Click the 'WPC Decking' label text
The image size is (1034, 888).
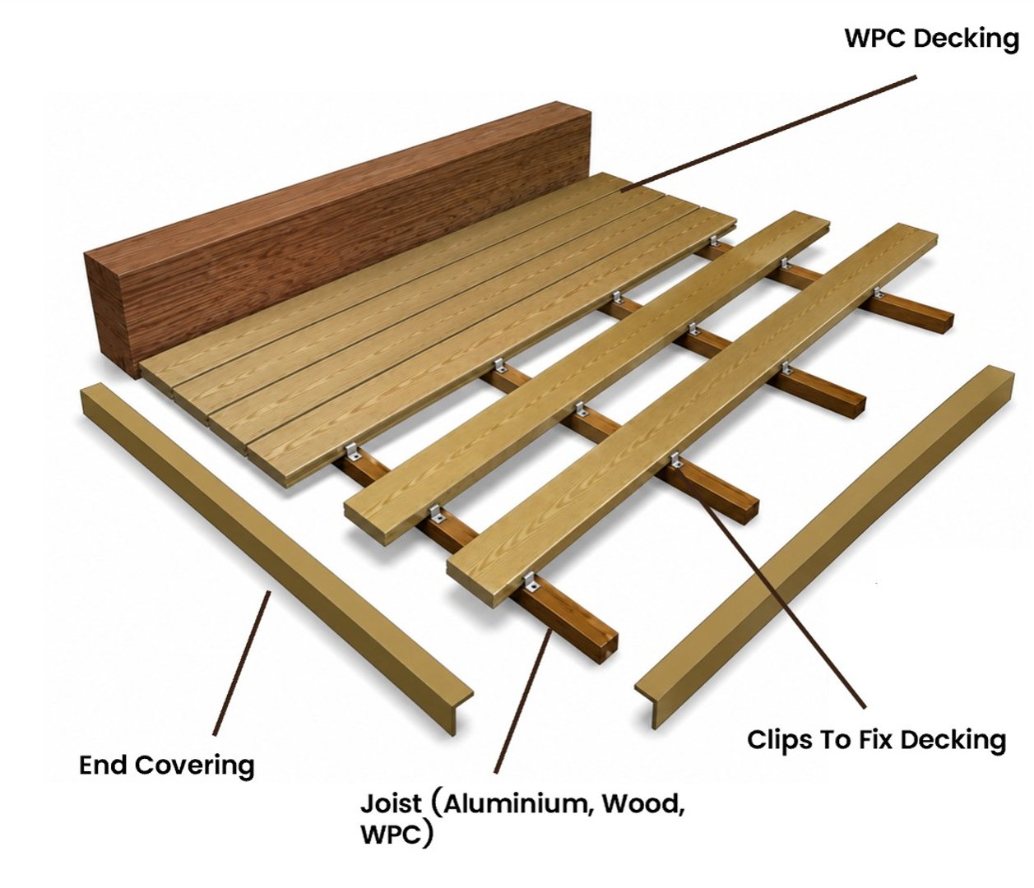point(931,39)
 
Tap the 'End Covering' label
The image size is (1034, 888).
point(167,765)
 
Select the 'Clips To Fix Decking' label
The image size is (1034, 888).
point(876,739)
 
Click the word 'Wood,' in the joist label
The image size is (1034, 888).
point(642,803)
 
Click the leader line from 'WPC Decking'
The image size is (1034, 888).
point(768,133)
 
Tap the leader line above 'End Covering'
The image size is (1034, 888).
point(242,663)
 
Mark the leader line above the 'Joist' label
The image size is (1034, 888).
point(523,701)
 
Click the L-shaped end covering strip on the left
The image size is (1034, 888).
point(276,559)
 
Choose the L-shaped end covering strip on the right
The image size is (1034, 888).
point(824,547)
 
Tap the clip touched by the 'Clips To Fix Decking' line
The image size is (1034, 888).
point(676,460)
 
